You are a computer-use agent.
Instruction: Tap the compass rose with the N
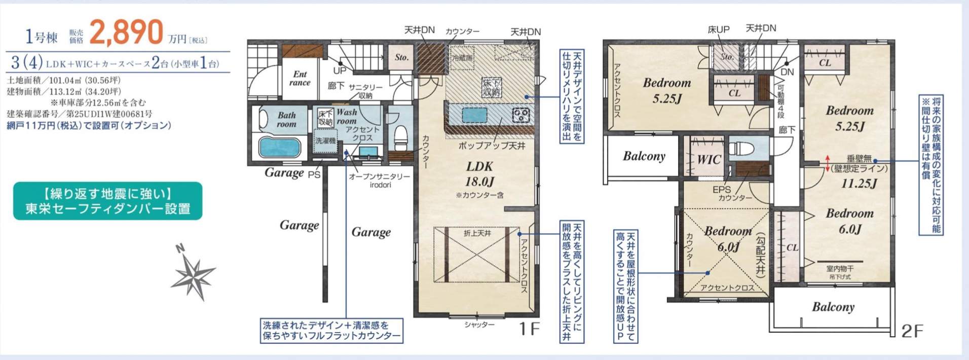pos(193,274)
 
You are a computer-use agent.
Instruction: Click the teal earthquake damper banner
pos(107,201)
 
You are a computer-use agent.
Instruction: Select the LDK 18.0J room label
pos(479,174)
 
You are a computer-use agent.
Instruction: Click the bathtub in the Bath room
pos(279,147)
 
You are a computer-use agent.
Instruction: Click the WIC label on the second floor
pos(709,160)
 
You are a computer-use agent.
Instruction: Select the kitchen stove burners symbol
pos(520,115)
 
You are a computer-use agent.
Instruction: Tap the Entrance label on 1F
pos(300,79)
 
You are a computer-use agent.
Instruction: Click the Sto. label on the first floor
pos(402,57)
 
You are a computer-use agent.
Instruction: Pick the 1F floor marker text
pos(529,329)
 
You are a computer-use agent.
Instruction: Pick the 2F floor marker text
pos(912,331)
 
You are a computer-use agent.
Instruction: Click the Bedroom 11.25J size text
pos(859,184)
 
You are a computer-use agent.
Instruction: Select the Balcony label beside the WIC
pos(644,156)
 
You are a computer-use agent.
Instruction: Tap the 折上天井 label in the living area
pos(477,233)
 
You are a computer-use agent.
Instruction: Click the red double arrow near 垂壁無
pos(828,163)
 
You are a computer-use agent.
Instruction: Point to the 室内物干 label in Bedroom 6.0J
pos(839,269)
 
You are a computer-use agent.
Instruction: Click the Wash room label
pos(347,117)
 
